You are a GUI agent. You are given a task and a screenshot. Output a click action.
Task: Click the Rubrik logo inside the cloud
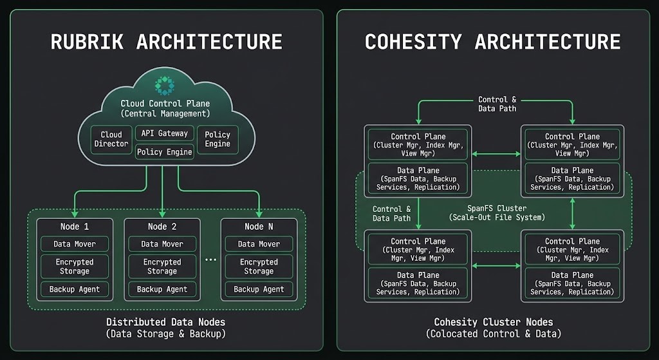click(x=165, y=85)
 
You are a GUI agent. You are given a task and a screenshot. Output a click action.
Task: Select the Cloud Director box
click(x=111, y=139)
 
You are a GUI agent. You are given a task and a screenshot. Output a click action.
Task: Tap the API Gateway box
click(x=165, y=133)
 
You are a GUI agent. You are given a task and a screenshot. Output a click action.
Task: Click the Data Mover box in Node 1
click(x=75, y=244)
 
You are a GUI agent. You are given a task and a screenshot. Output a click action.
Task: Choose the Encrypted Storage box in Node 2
click(x=162, y=267)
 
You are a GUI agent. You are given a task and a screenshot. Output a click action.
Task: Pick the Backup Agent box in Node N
click(x=259, y=289)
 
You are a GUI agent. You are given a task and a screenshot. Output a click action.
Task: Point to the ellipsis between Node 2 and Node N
click(x=210, y=260)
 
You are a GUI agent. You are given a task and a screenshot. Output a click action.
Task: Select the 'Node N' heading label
click(x=259, y=227)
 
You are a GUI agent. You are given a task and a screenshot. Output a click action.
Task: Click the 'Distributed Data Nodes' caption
click(x=165, y=322)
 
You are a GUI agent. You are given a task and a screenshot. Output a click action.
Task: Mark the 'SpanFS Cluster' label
click(x=496, y=209)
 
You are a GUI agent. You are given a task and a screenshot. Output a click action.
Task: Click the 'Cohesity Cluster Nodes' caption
click(x=494, y=322)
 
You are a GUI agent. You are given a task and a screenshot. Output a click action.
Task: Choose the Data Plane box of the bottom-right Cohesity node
click(x=572, y=283)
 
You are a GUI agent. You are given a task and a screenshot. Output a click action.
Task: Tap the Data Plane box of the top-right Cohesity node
click(x=572, y=179)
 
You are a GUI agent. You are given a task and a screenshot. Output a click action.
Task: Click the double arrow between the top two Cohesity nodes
click(x=496, y=154)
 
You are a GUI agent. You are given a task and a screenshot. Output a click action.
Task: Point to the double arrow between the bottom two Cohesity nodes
click(x=496, y=265)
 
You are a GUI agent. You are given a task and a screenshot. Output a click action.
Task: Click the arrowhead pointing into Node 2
click(x=162, y=213)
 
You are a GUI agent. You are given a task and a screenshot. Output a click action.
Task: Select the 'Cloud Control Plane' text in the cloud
click(x=165, y=104)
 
